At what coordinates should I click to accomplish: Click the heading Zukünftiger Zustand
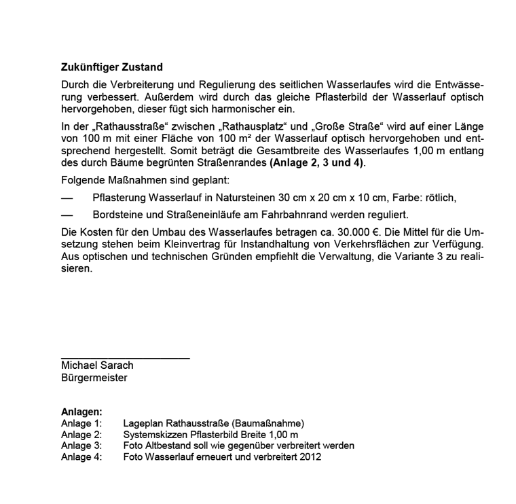coord(112,68)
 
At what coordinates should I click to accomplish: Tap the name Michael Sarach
coord(97,365)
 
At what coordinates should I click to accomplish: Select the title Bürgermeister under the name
coord(94,378)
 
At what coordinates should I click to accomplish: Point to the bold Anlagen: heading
coord(81,412)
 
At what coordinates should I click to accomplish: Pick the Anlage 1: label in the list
coord(81,423)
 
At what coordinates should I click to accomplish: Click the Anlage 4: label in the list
coord(81,457)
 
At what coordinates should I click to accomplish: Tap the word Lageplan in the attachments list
coord(143,423)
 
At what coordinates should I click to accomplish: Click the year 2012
coord(310,457)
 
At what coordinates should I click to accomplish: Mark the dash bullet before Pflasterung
coord(66,198)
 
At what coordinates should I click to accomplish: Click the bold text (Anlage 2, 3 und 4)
coord(318,163)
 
